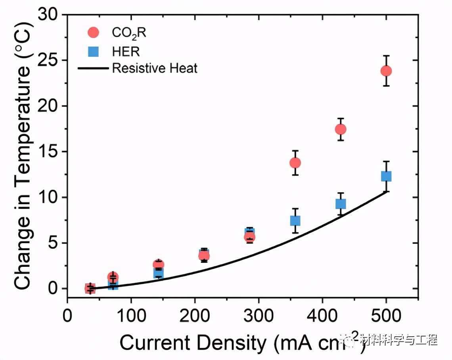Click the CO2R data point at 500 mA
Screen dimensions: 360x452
(386, 71)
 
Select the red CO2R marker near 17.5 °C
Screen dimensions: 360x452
(341, 129)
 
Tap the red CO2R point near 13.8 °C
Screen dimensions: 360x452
(295, 163)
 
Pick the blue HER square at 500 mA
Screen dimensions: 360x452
(386, 176)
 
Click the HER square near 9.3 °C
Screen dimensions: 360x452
(341, 204)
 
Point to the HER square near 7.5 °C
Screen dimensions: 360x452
(295, 220)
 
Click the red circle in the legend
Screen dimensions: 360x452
(94, 32)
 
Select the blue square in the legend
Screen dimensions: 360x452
(94, 51)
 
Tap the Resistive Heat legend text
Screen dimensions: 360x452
(155, 68)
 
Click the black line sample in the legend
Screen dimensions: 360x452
(93, 69)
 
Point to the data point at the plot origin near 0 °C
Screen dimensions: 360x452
(90, 289)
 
